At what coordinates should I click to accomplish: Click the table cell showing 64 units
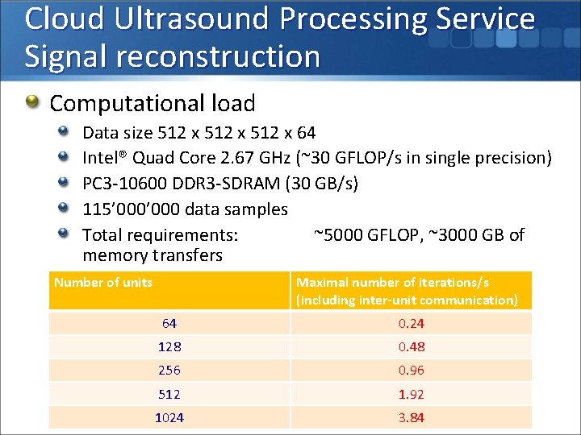pos(169,324)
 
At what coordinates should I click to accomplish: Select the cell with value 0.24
pos(411,324)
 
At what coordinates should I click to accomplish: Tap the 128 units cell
pos(169,347)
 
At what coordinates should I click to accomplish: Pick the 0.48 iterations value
pos(411,347)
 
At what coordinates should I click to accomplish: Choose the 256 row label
pos(169,371)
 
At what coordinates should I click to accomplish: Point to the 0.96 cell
pos(411,371)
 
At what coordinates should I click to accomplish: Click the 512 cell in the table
pos(169,395)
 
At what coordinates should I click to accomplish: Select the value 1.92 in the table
pos(411,395)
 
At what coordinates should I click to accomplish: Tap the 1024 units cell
pos(169,418)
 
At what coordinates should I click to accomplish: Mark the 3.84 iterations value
pos(411,418)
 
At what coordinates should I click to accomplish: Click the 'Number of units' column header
pos(103,283)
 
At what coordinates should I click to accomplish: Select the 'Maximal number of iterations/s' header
pos(392,283)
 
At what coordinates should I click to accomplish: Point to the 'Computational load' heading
pos(153,103)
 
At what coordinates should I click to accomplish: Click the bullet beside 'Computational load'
pos(31,102)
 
